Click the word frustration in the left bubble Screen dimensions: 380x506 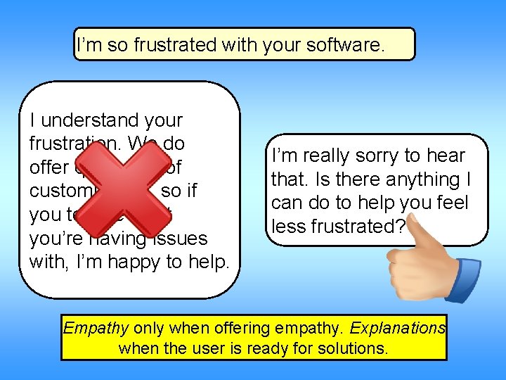[67, 144]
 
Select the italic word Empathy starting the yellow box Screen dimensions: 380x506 [96, 328]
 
